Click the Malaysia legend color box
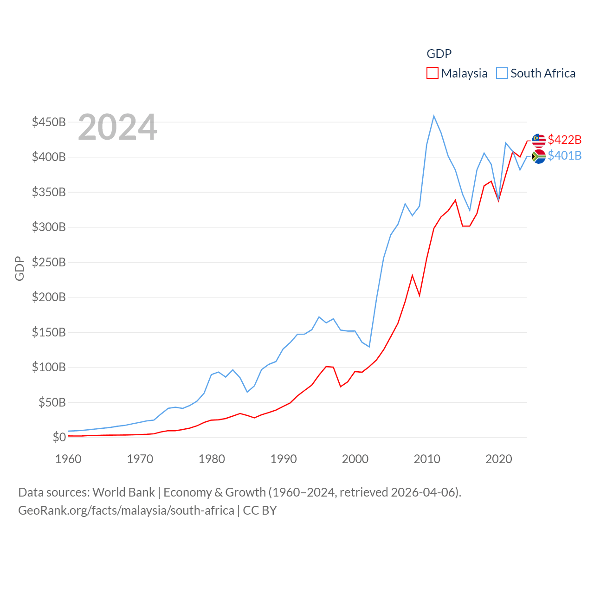click(432, 73)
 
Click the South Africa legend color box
click(502, 73)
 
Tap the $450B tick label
click(49, 122)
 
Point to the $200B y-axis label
click(49, 297)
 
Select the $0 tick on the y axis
click(59, 437)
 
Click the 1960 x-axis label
click(68, 459)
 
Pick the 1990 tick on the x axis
click(284, 459)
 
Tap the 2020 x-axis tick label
click(498, 459)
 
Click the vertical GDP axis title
click(19, 268)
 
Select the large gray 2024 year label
click(117, 127)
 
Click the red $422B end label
click(564, 140)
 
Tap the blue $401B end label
click(564, 155)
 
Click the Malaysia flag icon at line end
click(539, 140)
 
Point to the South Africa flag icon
click(539, 156)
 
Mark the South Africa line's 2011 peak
click(434, 116)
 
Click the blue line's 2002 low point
click(369, 347)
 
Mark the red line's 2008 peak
click(412, 276)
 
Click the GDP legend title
click(439, 54)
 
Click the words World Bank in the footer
click(123, 492)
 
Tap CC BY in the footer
click(260, 510)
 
